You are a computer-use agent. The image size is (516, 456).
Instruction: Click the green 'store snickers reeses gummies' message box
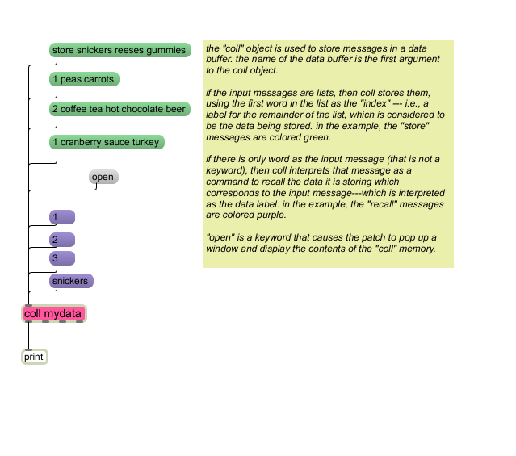[120, 50]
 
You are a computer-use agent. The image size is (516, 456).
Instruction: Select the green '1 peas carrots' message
[84, 79]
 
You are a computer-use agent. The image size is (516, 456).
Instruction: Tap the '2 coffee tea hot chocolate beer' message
[120, 109]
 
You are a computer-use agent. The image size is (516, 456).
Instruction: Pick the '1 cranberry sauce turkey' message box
[107, 142]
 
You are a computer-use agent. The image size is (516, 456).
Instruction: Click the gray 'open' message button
[103, 177]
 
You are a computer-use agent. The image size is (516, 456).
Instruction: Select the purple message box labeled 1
[62, 217]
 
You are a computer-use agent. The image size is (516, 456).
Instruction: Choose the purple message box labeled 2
[62, 240]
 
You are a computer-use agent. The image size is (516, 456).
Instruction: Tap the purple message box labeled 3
[62, 258]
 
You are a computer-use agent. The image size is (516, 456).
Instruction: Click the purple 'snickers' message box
[71, 281]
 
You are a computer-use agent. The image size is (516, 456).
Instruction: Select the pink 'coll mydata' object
[54, 313]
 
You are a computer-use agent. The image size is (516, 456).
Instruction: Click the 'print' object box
[35, 357]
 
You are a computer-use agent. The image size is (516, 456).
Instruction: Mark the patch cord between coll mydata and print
[28, 336]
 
